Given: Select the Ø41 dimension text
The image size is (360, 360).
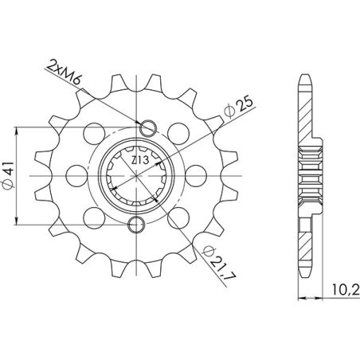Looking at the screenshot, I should pyautogui.click(x=22, y=174).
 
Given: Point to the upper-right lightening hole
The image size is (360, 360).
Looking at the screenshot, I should pyautogui.click(x=173, y=130).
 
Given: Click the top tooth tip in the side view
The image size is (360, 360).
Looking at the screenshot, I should pyautogui.click(x=307, y=80).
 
